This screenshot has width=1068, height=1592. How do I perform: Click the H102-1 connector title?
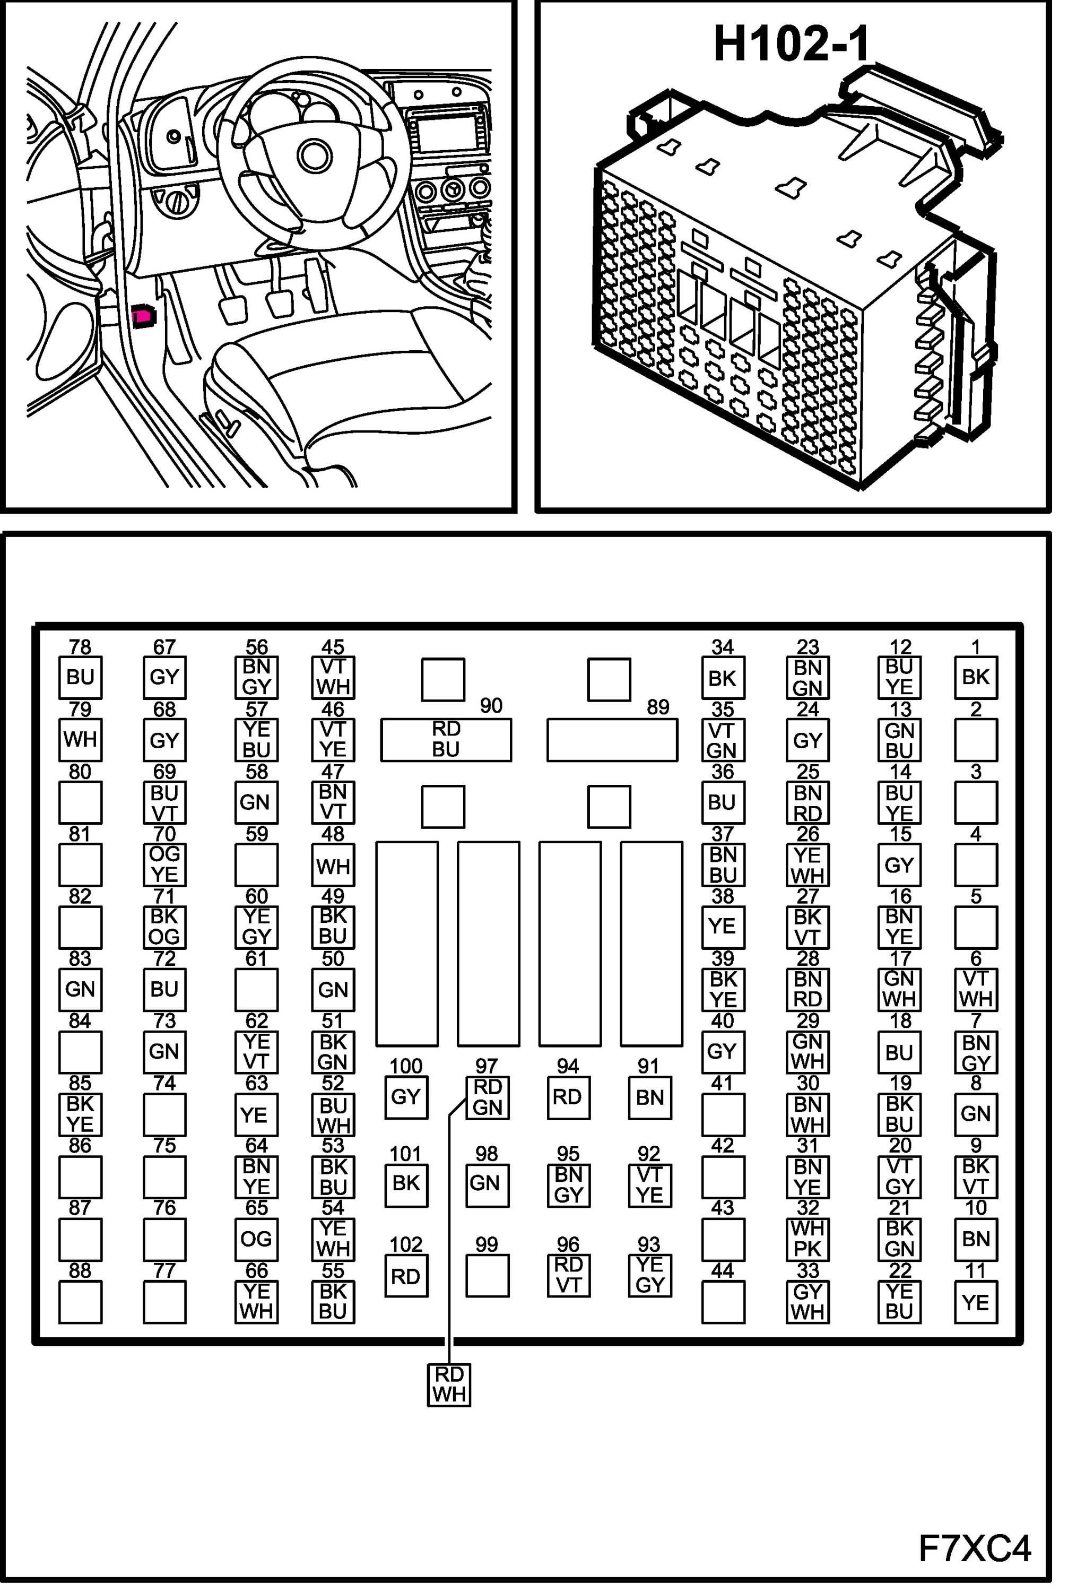[x=792, y=45]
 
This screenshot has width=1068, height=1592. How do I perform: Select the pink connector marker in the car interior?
[x=144, y=316]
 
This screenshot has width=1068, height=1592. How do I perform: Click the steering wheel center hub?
[x=315, y=156]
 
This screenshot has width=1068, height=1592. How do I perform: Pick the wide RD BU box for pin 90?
[x=446, y=739]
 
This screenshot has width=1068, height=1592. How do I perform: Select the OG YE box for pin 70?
[x=164, y=864]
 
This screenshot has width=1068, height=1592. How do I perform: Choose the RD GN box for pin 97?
[x=487, y=1097]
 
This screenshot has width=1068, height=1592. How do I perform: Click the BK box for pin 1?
[x=975, y=677]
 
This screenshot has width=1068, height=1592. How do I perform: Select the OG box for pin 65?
[x=256, y=1239]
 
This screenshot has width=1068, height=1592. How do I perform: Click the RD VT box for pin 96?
[x=568, y=1275]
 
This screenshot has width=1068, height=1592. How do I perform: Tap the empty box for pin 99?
[x=487, y=1276]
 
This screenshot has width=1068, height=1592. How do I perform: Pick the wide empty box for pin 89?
[x=612, y=740]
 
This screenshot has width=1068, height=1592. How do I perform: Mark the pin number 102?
[x=406, y=1244]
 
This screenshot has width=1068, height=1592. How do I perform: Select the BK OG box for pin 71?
[x=164, y=927]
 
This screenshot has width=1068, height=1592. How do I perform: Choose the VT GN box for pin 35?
[x=723, y=740]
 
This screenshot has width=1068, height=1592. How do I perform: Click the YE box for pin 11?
[x=975, y=1302]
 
